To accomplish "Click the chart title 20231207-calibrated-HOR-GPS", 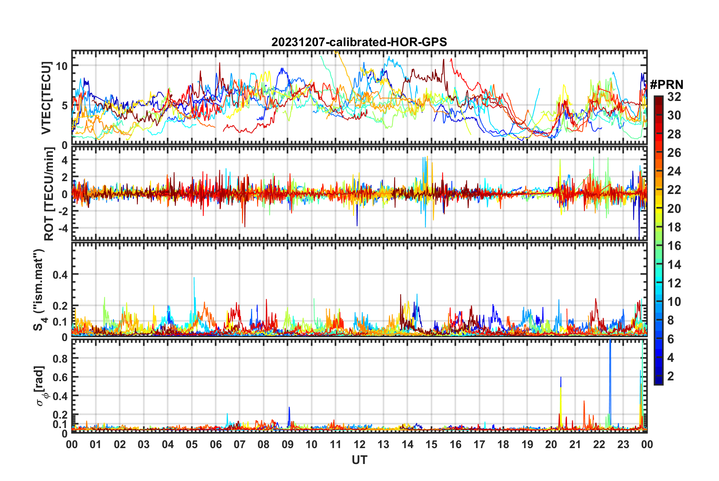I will (x=359, y=42).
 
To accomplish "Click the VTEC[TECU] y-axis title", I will (x=46, y=98).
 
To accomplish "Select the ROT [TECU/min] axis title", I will (x=49, y=194).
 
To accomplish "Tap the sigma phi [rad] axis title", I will (x=40, y=386).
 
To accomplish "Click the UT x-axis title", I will (x=359, y=460).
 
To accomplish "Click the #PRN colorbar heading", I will (x=666, y=84).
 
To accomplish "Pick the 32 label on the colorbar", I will (x=674, y=97).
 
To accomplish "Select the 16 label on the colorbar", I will (x=674, y=246).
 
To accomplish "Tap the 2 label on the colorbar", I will (x=671, y=376).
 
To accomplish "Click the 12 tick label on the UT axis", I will (x=359, y=444).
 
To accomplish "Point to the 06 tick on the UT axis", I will (x=216, y=444).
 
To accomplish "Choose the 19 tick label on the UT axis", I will (x=527, y=444).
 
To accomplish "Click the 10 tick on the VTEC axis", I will (x=62, y=66).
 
